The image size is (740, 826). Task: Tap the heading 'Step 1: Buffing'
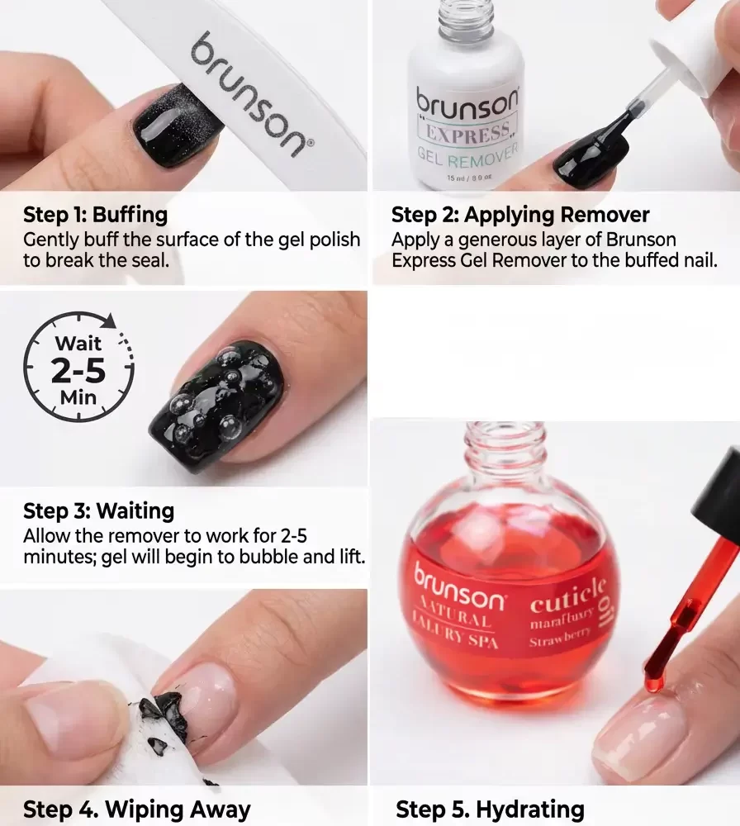click(95, 216)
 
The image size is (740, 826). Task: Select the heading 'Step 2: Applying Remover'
click(519, 216)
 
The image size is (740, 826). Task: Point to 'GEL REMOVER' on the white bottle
click(467, 155)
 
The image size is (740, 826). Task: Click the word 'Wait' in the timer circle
click(78, 343)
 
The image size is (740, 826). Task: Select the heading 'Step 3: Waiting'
click(98, 510)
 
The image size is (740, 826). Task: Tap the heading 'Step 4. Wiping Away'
click(136, 809)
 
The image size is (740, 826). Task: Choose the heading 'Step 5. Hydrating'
click(490, 809)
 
